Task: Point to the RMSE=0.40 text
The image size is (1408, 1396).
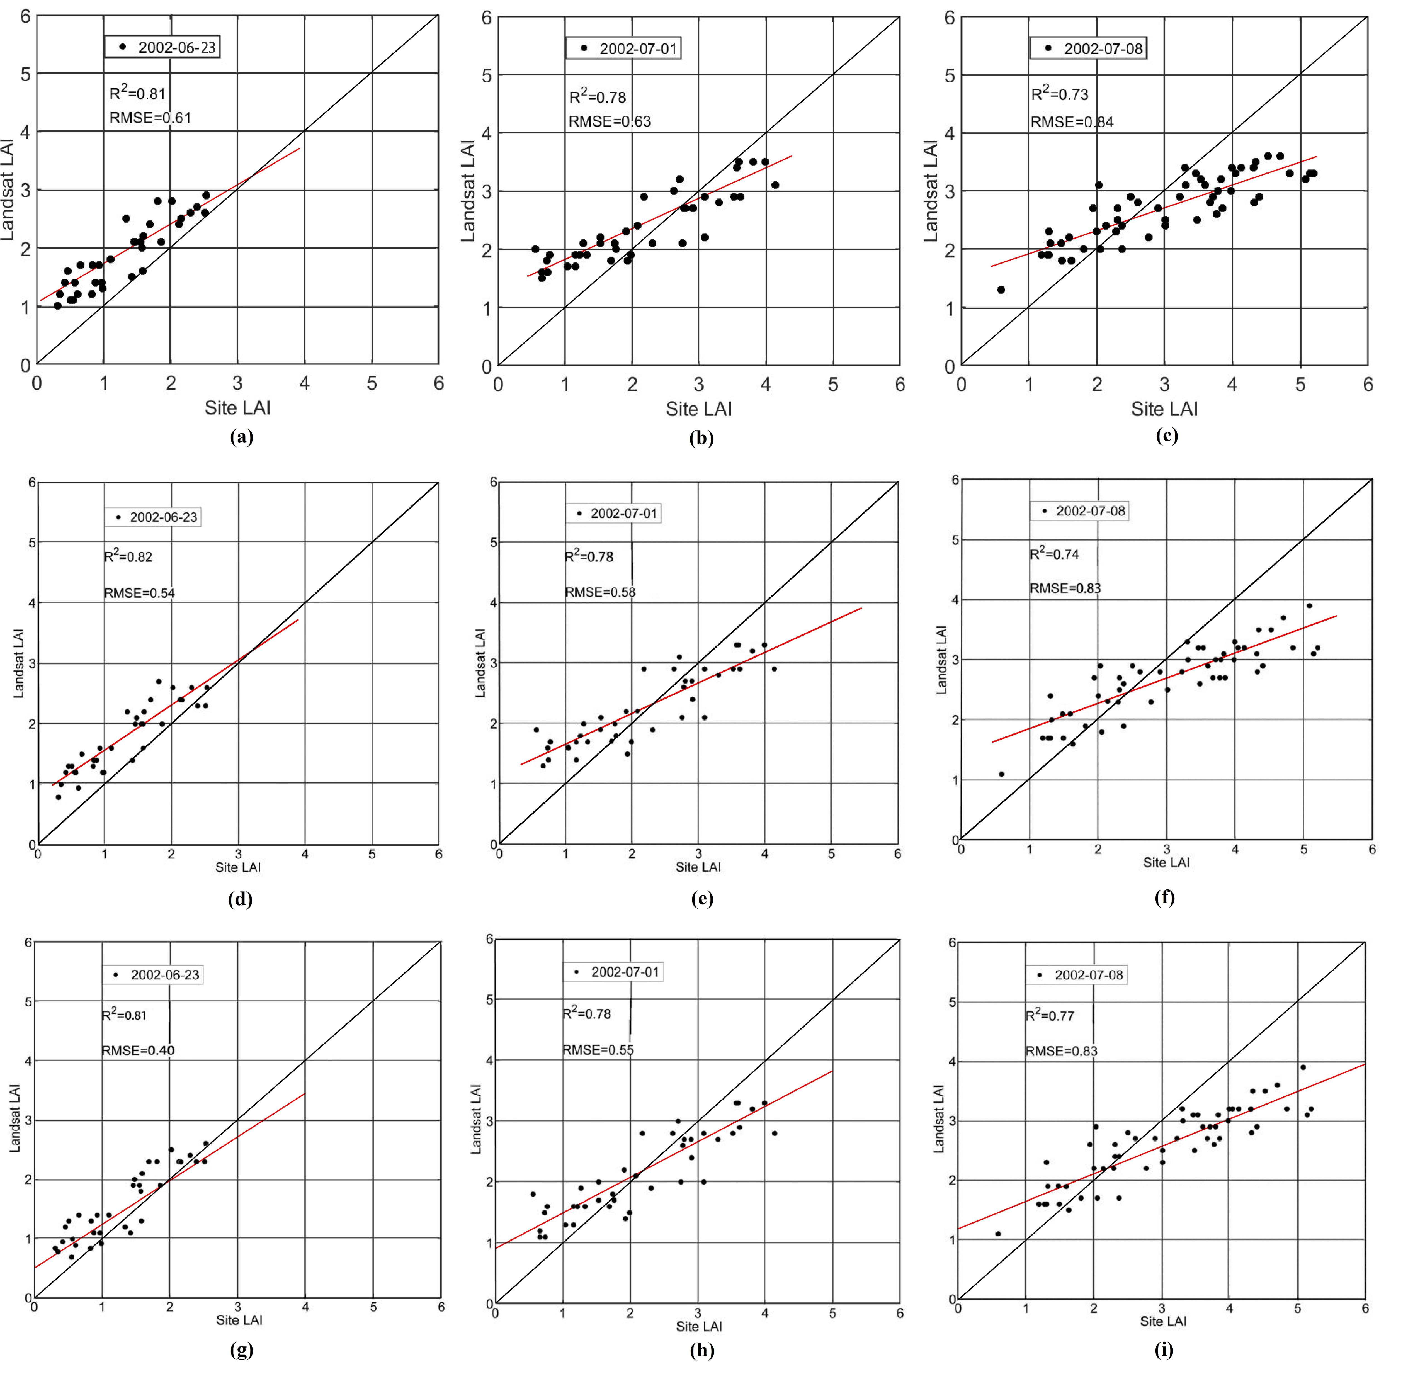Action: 138,1050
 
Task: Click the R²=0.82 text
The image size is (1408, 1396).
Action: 128,557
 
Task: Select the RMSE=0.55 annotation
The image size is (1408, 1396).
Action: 598,1050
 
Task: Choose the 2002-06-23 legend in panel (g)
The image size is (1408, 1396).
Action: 153,975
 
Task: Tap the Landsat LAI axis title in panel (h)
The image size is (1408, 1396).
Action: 476,1119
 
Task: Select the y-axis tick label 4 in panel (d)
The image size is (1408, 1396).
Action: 31,603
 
